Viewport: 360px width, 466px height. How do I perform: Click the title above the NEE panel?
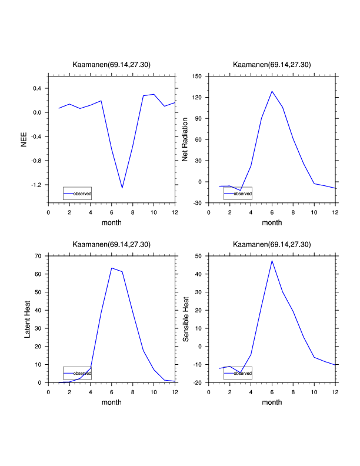[112, 64]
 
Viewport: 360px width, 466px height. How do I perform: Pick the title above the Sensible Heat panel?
[272, 244]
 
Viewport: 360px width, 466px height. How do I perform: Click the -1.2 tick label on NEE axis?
[36, 185]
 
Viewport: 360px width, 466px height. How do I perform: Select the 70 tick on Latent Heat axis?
[38, 256]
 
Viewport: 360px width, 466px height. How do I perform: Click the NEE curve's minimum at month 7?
[122, 188]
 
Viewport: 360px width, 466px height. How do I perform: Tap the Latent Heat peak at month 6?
[112, 268]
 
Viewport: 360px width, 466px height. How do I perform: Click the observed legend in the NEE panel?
[78, 193]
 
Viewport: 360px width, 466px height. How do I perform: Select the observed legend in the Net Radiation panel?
[238, 193]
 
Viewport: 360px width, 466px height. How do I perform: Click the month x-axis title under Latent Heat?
[112, 402]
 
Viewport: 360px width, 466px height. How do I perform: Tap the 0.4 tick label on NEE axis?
[37, 88]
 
